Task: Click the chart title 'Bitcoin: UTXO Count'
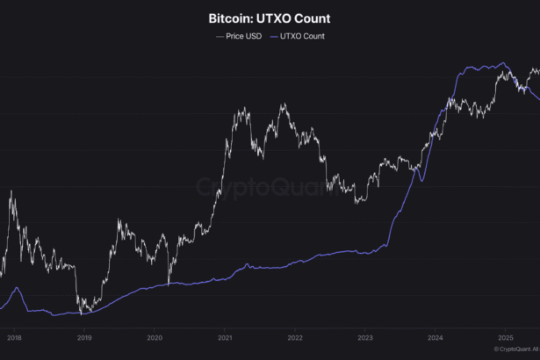(x=270, y=18)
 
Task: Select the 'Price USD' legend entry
(x=239, y=36)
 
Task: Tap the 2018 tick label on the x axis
(x=14, y=336)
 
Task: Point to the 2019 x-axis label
(x=83, y=336)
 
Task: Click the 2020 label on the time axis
(x=154, y=336)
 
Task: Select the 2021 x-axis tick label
(x=225, y=336)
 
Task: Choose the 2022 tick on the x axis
(x=295, y=336)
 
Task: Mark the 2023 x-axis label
(x=365, y=336)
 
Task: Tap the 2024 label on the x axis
(x=436, y=336)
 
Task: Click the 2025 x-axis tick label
(x=506, y=336)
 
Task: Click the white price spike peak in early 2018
(x=11, y=191)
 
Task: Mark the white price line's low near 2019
(x=81, y=312)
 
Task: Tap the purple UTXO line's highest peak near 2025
(x=502, y=63)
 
